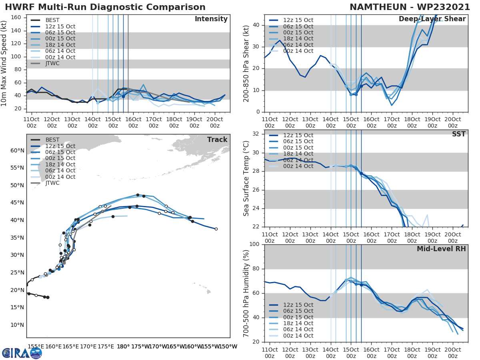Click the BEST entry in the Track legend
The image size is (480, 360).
(x=52, y=140)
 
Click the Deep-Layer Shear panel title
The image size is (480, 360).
(x=432, y=19)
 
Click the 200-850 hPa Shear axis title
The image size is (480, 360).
(x=247, y=63)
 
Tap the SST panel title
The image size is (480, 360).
(x=459, y=134)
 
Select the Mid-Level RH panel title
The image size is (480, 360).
(x=441, y=249)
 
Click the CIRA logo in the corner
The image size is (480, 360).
(x=22, y=353)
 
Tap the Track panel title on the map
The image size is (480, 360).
(x=217, y=140)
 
